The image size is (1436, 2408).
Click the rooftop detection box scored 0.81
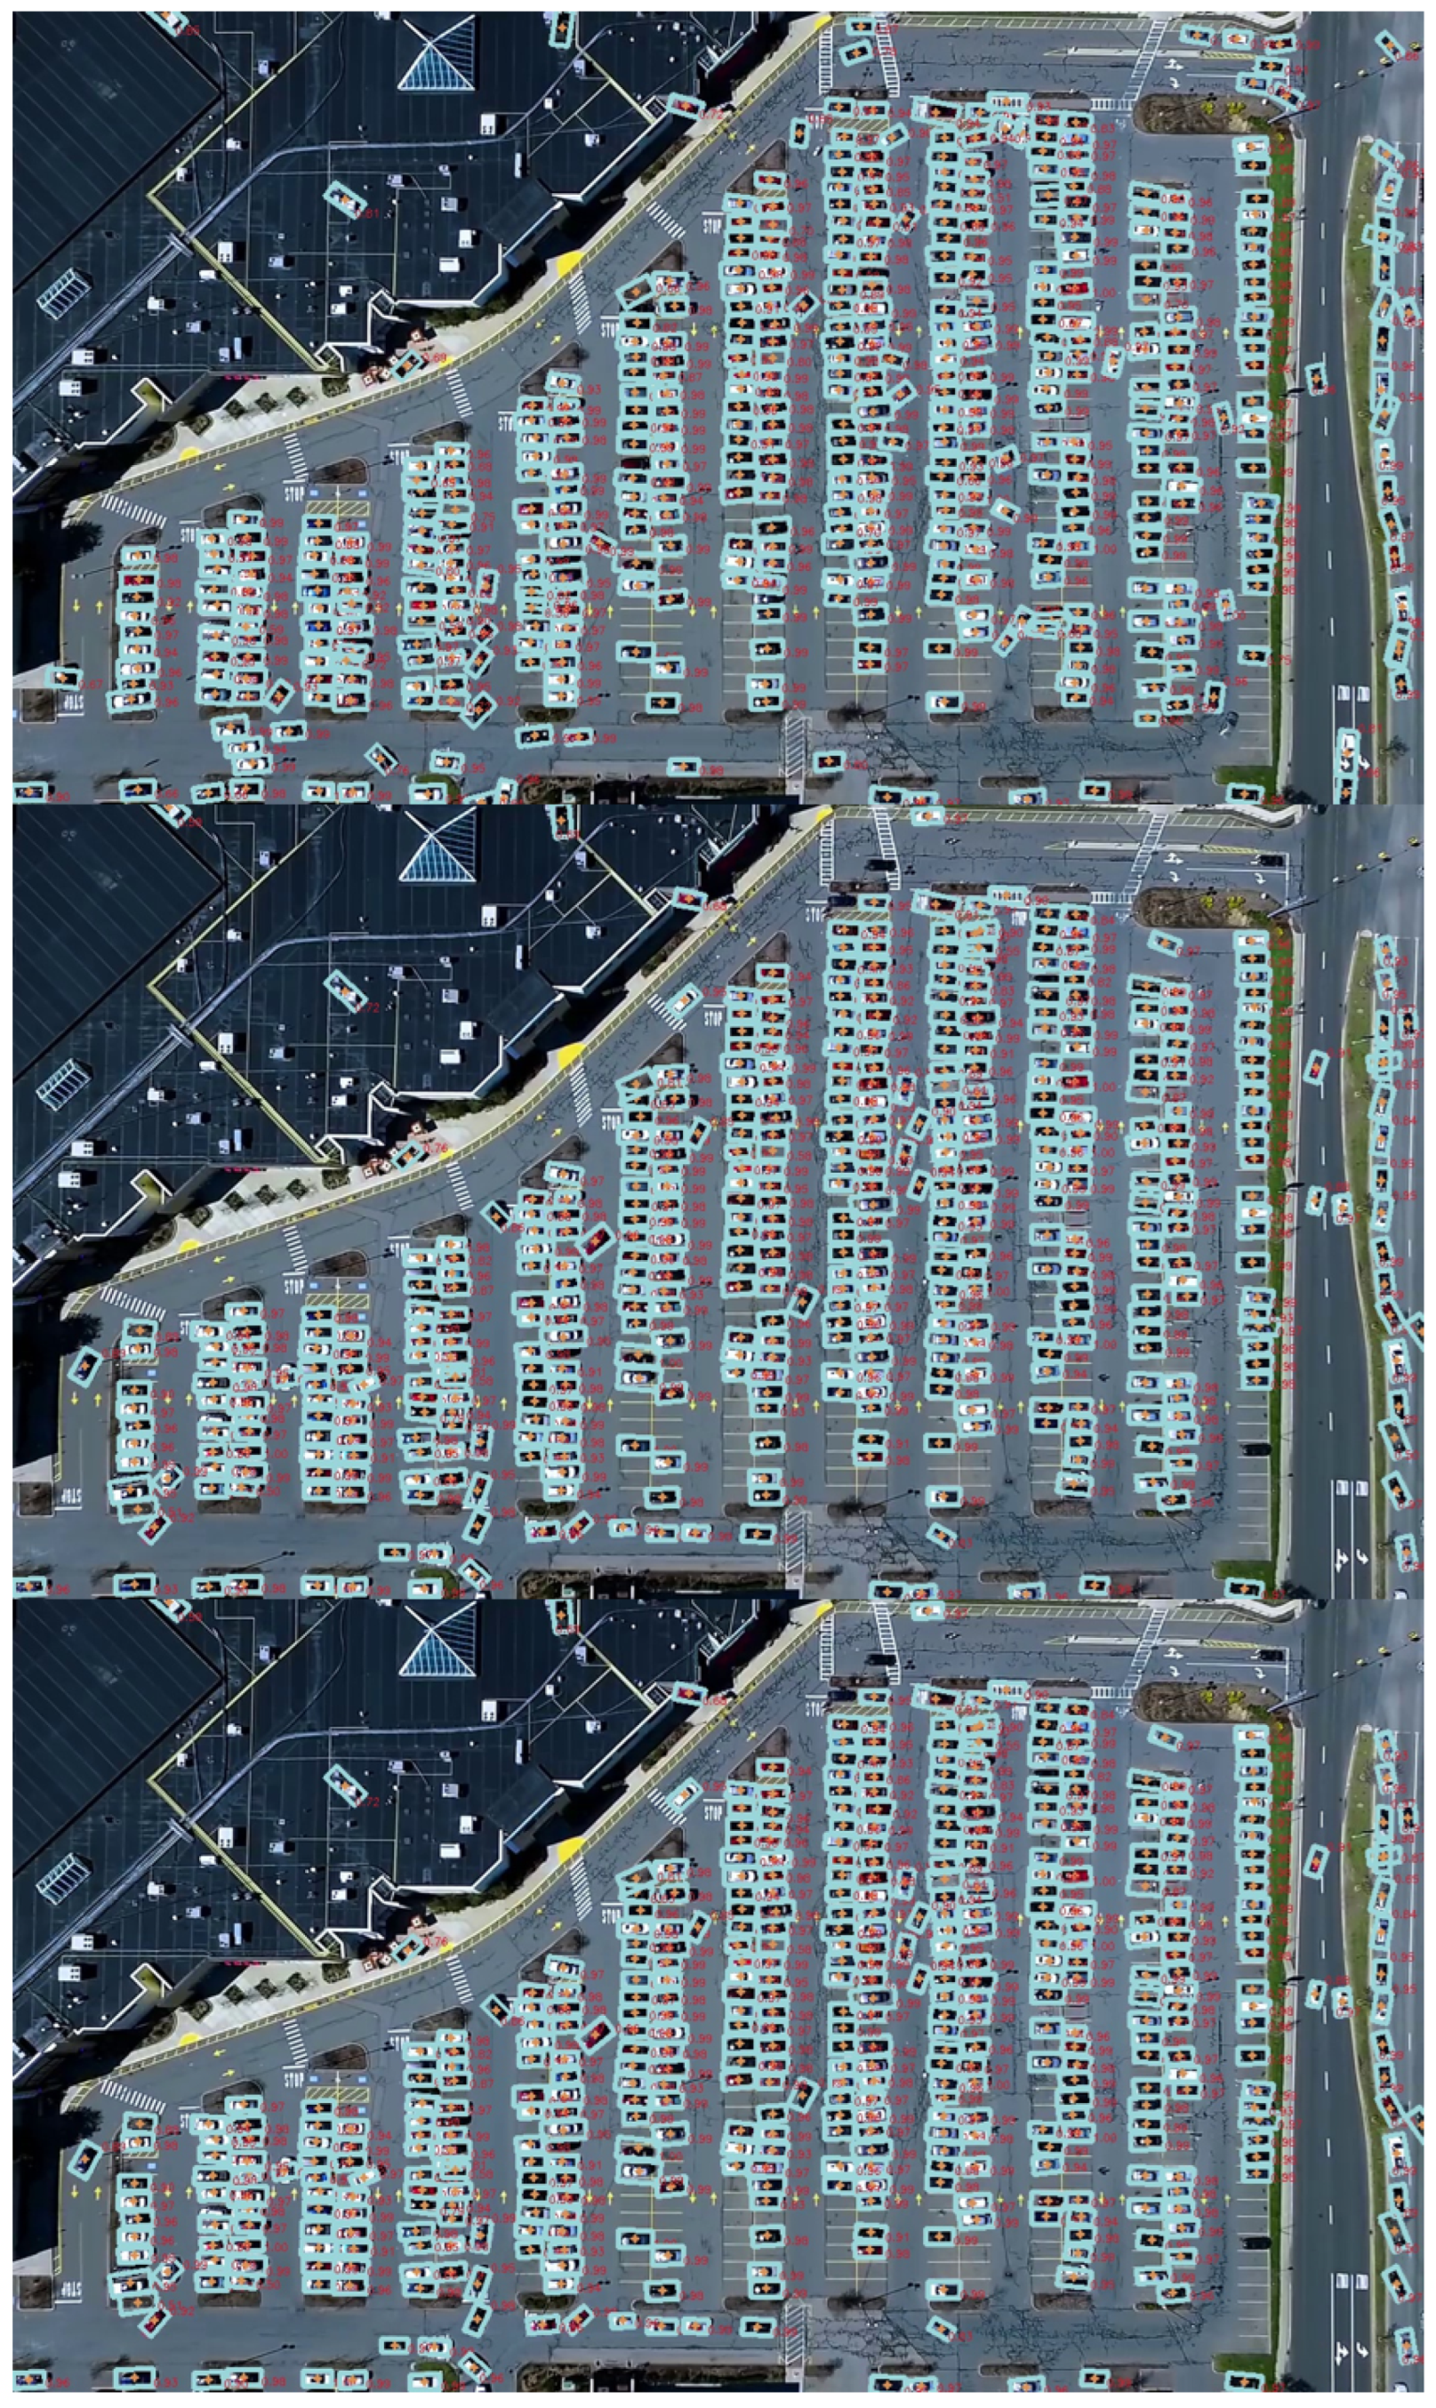(344, 200)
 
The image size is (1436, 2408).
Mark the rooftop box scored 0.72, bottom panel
(344, 1785)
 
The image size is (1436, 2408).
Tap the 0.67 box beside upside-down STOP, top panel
(65, 678)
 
